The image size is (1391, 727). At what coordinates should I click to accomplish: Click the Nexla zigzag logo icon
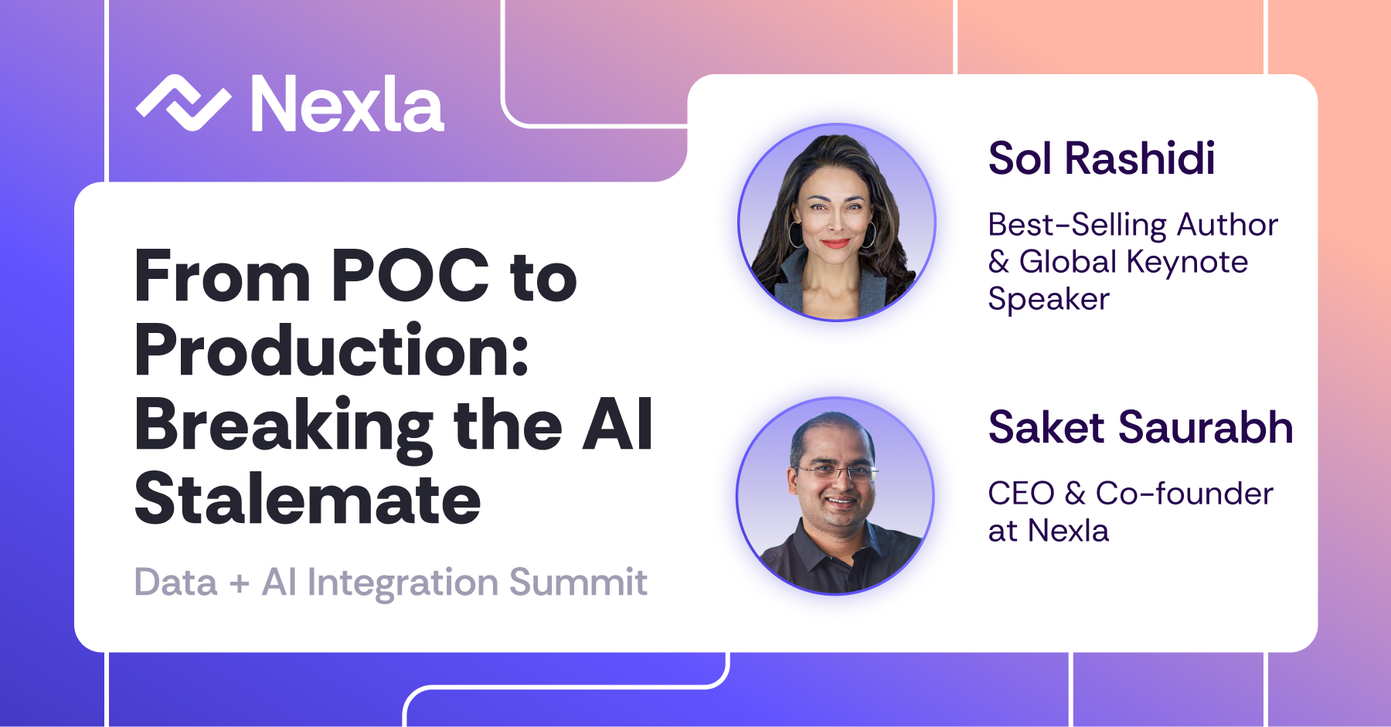tap(183, 103)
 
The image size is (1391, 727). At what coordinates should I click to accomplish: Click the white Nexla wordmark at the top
tap(347, 104)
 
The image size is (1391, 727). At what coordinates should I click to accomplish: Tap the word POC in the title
tap(410, 276)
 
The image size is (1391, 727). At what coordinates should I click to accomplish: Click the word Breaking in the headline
tap(284, 426)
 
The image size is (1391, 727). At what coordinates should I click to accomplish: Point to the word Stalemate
tap(308, 498)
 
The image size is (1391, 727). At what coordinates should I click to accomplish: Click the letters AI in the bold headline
tap(617, 424)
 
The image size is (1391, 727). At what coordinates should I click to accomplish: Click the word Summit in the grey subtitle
tap(578, 582)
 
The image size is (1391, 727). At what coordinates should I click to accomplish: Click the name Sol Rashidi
tap(1102, 158)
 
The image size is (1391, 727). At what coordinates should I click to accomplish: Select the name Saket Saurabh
tap(1141, 427)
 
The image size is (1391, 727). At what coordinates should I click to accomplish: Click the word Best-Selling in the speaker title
tap(1077, 226)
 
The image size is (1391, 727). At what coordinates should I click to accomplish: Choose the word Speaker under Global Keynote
tap(1049, 300)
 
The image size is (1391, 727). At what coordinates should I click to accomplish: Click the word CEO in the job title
tap(1022, 494)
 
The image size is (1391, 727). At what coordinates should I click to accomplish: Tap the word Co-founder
tap(1185, 494)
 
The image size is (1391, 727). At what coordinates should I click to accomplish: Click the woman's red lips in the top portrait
tap(835, 243)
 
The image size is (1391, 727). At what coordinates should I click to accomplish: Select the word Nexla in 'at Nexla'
tap(1069, 531)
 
